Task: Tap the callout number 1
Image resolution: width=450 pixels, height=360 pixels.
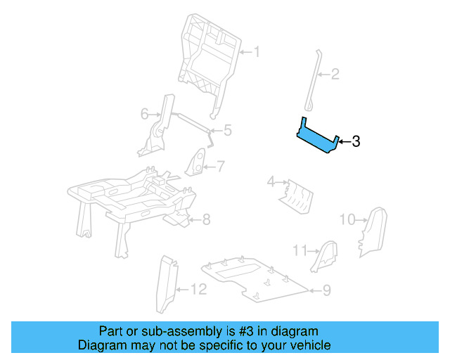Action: [x=257, y=51]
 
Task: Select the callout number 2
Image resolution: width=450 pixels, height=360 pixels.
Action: [x=335, y=73]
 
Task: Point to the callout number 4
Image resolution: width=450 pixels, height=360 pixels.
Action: [x=270, y=183]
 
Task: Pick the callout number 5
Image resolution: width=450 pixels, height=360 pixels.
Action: [x=227, y=130]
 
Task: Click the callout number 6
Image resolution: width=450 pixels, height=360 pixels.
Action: [x=144, y=113]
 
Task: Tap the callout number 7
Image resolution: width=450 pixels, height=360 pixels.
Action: [x=220, y=167]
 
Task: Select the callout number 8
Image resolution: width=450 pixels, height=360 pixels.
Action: [x=206, y=220]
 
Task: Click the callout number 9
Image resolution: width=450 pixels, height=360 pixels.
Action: [x=326, y=289]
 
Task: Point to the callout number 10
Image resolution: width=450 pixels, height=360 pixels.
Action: [x=347, y=219]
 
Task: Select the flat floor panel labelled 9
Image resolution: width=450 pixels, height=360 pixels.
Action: [x=253, y=278]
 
